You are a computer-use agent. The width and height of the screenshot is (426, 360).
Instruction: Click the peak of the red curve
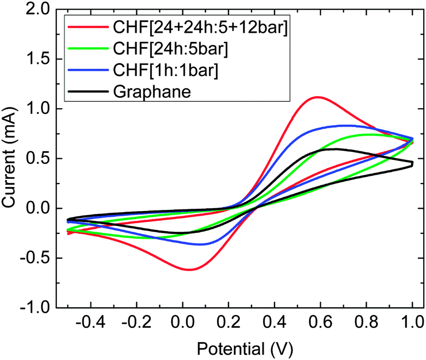pyautogui.click(x=317, y=97)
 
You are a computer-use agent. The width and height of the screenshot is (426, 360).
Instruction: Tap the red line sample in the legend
pyautogui.click(x=88, y=26)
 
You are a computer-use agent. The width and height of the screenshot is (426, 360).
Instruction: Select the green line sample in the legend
pyautogui.click(x=88, y=48)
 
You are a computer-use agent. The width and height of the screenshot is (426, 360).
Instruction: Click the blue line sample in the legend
pyautogui.click(x=88, y=70)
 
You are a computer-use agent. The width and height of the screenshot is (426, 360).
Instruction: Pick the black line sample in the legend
pyautogui.click(x=88, y=91)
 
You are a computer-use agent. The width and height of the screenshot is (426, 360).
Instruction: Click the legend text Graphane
pyautogui.click(x=152, y=92)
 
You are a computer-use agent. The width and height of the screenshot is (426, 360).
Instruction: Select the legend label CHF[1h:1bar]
pyautogui.click(x=166, y=70)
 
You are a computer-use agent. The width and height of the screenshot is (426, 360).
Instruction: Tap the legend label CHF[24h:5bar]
pyautogui.click(x=170, y=49)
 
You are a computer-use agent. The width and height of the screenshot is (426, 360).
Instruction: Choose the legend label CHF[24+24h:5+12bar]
pyautogui.click(x=200, y=27)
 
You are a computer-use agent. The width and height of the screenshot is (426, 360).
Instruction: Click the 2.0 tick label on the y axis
pyautogui.click(x=38, y=10)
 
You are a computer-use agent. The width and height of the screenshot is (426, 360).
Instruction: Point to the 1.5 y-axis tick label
pyautogui.click(x=38, y=59)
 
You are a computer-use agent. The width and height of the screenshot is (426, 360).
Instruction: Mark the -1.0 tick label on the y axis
pyautogui.click(x=35, y=308)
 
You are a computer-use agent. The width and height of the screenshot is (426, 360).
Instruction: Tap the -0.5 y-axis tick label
pyautogui.click(x=35, y=258)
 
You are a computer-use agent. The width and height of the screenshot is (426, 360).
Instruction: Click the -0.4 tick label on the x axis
pyautogui.click(x=90, y=322)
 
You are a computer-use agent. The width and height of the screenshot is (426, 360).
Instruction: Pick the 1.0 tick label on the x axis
pyautogui.click(x=412, y=322)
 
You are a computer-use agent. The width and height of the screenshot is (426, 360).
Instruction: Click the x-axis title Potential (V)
pyautogui.click(x=245, y=348)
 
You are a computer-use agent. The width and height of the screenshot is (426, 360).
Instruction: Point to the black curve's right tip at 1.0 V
pyautogui.click(x=413, y=164)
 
